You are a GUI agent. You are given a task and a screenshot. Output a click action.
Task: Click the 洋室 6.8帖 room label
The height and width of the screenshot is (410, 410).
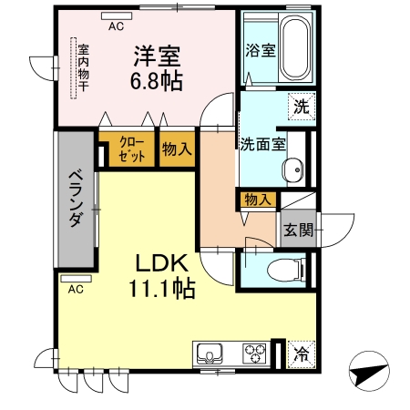[157, 68]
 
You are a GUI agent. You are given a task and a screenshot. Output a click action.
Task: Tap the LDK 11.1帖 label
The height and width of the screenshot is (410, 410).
[161, 276]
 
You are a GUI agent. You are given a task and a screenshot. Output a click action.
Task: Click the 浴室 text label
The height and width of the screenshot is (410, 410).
[261, 50]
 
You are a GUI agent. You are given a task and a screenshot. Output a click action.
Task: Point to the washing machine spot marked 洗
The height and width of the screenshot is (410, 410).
[302, 107]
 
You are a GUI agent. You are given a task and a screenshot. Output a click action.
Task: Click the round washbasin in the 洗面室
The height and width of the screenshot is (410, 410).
[293, 169]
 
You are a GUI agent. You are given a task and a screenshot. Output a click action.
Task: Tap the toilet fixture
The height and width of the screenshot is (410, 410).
[288, 269]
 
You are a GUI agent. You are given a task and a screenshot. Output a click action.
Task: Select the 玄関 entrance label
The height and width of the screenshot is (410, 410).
[298, 230]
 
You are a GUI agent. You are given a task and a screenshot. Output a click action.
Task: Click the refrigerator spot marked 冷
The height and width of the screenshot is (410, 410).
[302, 354]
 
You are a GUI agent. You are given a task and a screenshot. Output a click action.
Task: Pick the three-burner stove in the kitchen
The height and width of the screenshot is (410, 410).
[254, 353]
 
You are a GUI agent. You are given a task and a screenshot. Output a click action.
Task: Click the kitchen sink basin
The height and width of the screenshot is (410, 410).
[210, 353]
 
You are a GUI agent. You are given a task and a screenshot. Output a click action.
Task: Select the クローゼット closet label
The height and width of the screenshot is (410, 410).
[132, 149]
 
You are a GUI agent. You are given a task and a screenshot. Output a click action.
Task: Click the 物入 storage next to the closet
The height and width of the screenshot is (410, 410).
[177, 149]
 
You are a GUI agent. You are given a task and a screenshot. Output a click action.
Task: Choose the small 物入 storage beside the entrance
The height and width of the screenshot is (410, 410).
[258, 200]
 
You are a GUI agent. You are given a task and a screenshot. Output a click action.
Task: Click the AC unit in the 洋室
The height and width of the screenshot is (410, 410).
[117, 15]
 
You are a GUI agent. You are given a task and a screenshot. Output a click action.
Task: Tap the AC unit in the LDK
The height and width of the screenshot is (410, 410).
[76, 279]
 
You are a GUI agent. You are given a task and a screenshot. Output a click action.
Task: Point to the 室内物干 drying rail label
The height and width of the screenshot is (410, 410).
[83, 68]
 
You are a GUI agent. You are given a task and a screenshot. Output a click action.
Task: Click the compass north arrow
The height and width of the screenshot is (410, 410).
[369, 371]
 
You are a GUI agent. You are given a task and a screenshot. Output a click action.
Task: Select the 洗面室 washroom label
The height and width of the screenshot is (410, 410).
[263, 144]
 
